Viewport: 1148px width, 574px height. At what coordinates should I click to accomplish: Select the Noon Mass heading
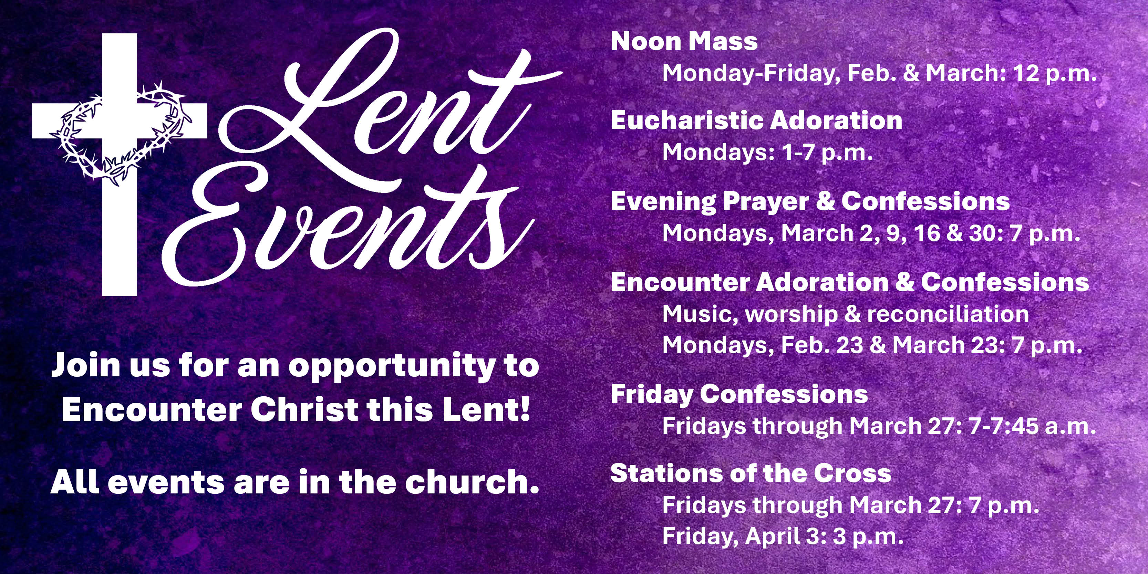[x=684, y=41]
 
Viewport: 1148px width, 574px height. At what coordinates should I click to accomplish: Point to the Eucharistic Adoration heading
[x=756, y=121]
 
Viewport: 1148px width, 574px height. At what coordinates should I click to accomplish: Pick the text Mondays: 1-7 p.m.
[x=767, y=153]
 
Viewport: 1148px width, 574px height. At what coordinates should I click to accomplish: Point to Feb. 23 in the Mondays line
[x=822, y=345]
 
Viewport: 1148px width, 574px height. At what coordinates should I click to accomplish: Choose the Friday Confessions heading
[x=739, y=394]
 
